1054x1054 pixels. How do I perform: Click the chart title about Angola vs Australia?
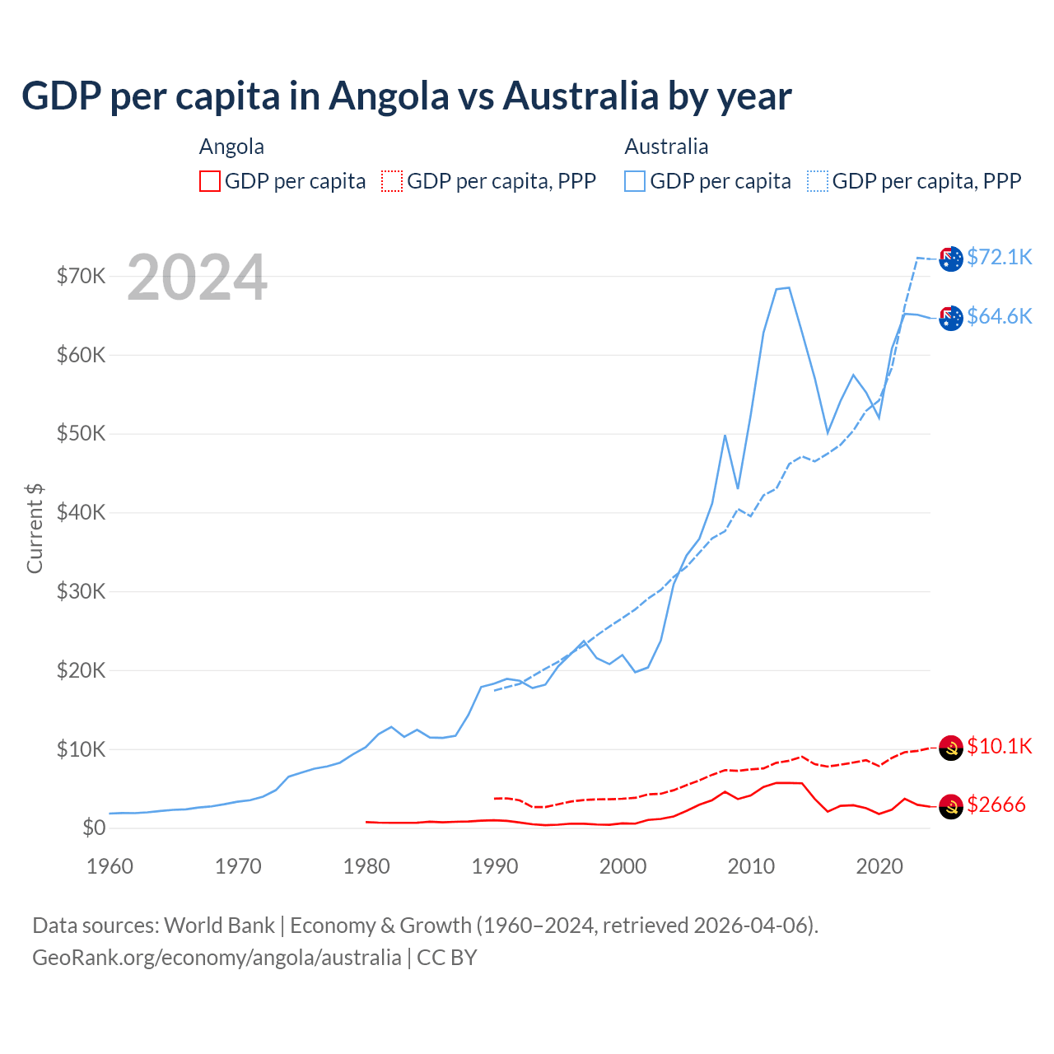click(406, 96)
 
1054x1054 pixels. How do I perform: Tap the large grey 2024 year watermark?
click(197, 278)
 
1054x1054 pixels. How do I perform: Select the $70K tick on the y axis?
click(81, 276)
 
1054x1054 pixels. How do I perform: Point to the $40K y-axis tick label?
click(81, 512)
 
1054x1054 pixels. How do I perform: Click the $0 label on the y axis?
click(94, 828)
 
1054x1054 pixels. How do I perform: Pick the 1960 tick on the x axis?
click(110, 866)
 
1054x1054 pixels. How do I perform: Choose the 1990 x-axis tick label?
click(495, 866)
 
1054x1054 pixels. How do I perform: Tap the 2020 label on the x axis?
click(879, 866)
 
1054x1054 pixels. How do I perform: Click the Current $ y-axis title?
click(35, 528)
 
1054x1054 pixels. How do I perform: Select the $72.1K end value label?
click(999, 257)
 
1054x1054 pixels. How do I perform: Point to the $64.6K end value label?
click(999, 316)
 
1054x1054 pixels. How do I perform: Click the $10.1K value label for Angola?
click(999, 746)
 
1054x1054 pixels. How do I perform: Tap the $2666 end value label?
click(996, 804)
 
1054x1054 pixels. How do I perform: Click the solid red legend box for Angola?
click(210, 181)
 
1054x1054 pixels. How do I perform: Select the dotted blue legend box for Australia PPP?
click(818, 181)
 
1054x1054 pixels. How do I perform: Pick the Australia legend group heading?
click(666, 147)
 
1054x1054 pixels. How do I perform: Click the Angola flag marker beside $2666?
click(951, 807)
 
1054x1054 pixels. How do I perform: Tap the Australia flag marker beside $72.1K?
click(951, 259)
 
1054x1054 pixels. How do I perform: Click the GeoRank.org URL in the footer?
click(217, 958)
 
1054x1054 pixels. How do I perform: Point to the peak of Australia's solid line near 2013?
click(788, 287)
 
